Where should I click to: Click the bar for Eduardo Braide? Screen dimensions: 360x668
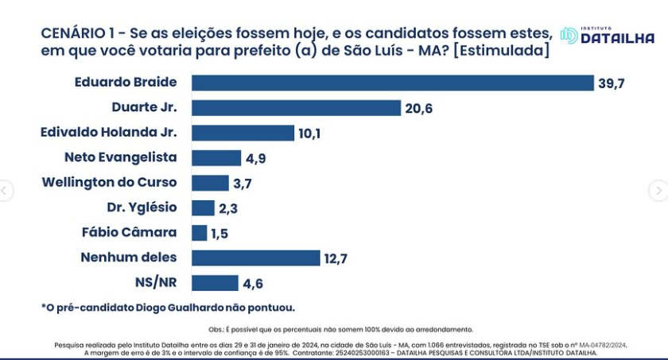coord(393,83)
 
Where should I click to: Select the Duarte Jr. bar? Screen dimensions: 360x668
coord(296,108)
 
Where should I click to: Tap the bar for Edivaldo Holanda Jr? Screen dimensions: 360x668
coord(243,133)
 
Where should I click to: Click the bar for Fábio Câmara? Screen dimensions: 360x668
coord(200,233)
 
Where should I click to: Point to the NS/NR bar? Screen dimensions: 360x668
coord(215,283)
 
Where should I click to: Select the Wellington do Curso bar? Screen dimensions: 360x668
coord(210,183)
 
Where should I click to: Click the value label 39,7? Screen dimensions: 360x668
coord(612,83)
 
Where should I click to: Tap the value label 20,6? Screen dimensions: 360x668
coord(418,109)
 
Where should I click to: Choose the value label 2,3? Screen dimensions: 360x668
coord(228,208)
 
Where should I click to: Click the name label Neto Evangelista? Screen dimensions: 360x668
coord(121,157)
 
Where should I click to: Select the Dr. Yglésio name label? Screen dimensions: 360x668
coord(142,207)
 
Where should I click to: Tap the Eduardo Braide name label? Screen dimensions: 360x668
coord(126,83)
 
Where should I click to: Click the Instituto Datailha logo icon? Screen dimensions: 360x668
coord(569,36)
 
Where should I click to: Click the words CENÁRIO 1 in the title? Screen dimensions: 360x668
coord(76,33)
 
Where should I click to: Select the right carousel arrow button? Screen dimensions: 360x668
coord(658,191)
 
